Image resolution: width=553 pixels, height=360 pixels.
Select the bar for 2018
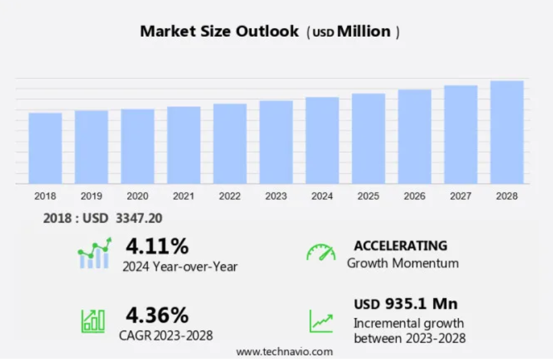[45, 148]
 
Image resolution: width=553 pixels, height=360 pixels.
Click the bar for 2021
[184, 145]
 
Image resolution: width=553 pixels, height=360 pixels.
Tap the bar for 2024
[322, 140]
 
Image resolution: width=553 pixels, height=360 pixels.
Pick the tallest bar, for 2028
[507, 132]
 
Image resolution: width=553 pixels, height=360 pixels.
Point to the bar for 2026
[414, 137]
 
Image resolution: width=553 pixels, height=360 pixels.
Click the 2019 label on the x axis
[92, 196]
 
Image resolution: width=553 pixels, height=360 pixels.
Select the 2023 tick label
[276, 196]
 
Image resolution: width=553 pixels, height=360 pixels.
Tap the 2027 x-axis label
[461, 196]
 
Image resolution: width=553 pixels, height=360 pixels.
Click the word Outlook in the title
[267, 31]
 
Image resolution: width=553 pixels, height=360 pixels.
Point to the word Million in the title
[364, 31]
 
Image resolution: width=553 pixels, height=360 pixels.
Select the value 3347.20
[139, 219]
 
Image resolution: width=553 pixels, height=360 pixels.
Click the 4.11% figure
[157, 246]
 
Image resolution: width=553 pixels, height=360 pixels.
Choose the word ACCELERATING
[401, 246]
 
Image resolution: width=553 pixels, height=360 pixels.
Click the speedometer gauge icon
[321, 252]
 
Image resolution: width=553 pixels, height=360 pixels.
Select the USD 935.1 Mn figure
[405, 304]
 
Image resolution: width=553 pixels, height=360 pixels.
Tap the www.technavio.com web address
[284, 352]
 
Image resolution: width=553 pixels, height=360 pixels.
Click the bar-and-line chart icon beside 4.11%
[95, 253]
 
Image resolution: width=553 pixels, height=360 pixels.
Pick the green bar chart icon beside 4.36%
[93, 321]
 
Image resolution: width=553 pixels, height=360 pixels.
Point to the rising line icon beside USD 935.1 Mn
[321, 321]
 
